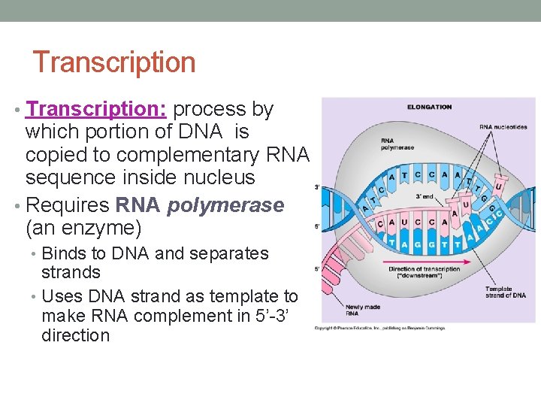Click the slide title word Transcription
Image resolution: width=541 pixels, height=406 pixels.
coord(114,62)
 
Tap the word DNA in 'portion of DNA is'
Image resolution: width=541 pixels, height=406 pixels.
coord(200,132)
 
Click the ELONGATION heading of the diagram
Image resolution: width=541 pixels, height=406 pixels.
coord(429,107)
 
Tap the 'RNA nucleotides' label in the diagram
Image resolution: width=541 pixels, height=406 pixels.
coord(503,127)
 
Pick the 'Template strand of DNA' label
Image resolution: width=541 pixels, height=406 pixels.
coord(505,292)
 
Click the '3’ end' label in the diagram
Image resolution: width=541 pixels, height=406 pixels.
coord(425,197)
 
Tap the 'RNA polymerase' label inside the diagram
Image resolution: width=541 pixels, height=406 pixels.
coord(397,144)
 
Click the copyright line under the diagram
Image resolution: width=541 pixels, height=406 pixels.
coord(379,328)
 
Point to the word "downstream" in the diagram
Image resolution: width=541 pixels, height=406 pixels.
coord(425,276)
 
